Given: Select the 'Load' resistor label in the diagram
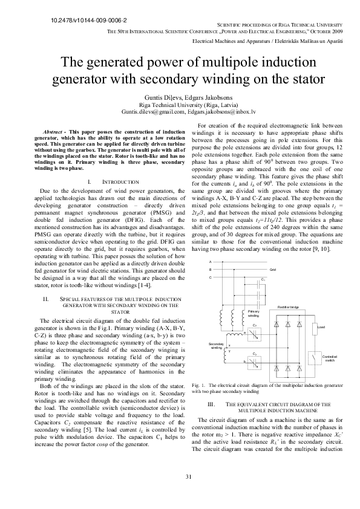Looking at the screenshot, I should point(321,327).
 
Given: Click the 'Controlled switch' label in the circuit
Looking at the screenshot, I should point(330,358).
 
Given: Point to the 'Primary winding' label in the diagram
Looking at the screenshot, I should point(254,314).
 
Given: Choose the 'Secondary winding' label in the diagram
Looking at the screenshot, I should point(216,345).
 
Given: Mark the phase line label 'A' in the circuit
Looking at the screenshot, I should point(210,261).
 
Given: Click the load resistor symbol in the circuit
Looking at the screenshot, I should point(313,328).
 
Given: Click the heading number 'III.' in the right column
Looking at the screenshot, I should point(212,403).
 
